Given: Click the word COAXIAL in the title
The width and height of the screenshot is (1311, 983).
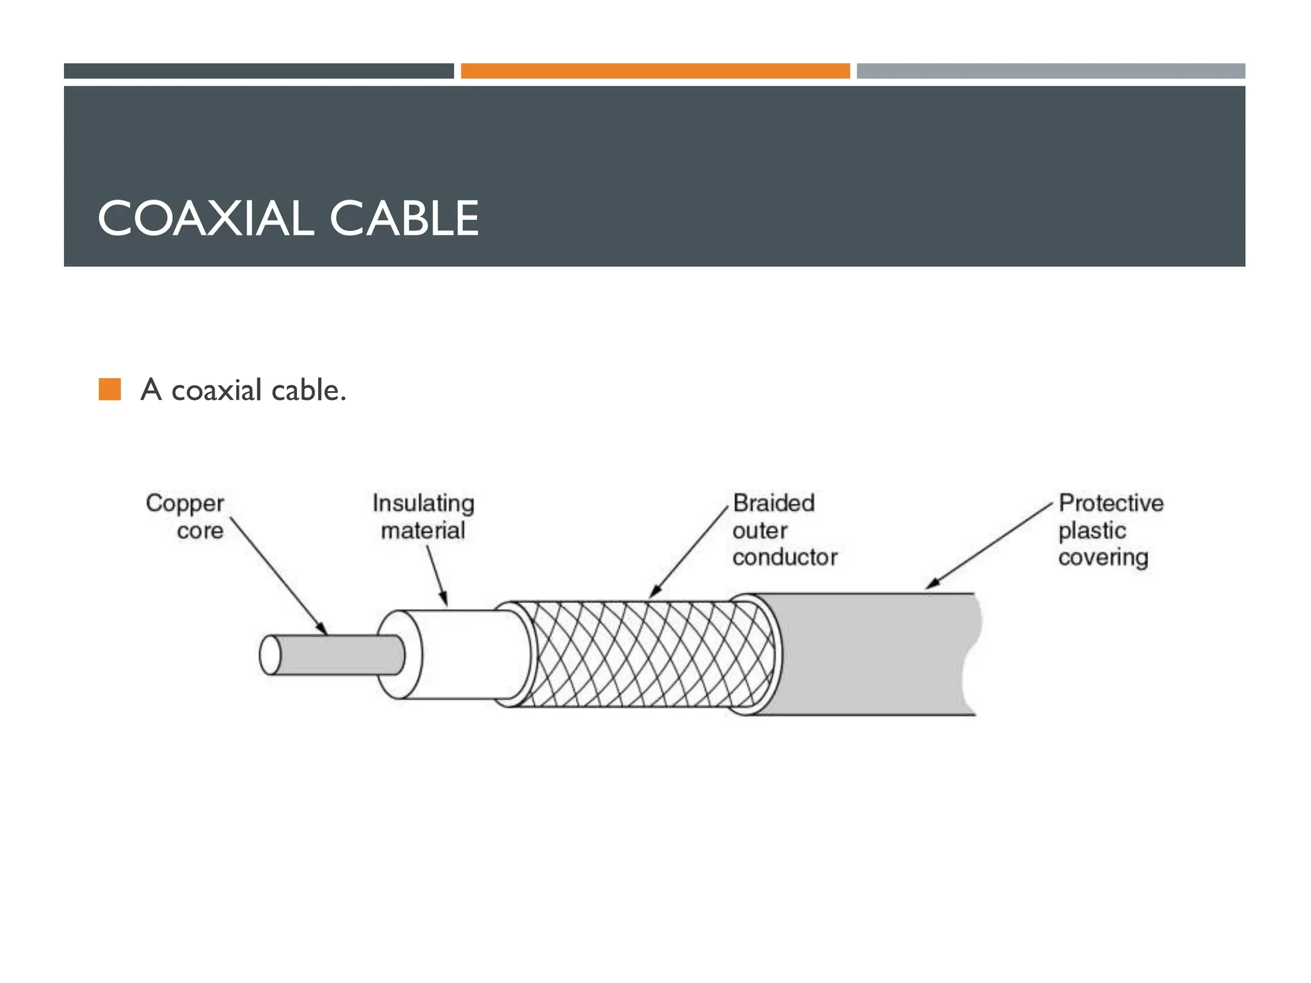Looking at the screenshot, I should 205,218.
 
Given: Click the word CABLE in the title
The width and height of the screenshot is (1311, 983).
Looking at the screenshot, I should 404,218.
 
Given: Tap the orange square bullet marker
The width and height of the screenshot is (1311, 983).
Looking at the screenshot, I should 110,389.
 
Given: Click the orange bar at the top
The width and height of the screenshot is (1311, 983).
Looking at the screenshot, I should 655,71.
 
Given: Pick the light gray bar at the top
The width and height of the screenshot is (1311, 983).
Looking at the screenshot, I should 1050,71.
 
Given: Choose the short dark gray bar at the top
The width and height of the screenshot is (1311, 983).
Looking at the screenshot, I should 259,71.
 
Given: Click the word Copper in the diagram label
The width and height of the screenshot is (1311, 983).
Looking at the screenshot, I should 185,504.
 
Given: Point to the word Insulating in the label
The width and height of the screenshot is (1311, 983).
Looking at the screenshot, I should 423,503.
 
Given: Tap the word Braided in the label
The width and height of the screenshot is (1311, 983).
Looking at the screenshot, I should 773,503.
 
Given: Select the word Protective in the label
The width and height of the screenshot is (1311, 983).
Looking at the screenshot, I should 1111,503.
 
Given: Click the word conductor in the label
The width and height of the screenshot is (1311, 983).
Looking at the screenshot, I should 785,557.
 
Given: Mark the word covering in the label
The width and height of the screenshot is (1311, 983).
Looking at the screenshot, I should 1103,557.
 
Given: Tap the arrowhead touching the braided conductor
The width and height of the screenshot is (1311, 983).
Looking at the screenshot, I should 654,592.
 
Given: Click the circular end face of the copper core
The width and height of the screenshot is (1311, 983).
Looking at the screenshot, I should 270,655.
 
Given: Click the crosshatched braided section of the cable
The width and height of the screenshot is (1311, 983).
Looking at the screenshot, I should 647,654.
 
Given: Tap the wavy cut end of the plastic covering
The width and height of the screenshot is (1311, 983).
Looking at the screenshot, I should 970,654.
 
